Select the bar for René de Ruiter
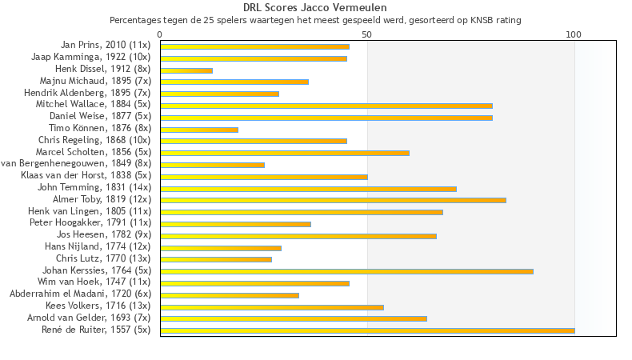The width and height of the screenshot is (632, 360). [x=367, y=330]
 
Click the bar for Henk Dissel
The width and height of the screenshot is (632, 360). [x=186, y=70]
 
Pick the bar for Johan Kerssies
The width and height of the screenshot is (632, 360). [x=346, y=271]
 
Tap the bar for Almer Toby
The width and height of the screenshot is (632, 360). [x=333, y=200]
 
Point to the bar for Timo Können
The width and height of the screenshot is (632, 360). [x=199, y=130]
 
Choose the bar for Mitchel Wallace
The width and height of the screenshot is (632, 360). [x=326, y=106]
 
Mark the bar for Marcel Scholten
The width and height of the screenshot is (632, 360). [x=285, y=153]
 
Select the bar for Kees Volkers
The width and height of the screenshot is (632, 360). [x=272, y=306]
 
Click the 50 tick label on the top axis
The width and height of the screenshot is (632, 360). [x=366, y=34]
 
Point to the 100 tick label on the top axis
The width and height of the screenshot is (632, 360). [x=574, y=34]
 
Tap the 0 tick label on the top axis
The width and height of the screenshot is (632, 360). [x=160, y=34]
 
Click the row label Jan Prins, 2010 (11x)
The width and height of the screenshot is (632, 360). [x=106, y=46]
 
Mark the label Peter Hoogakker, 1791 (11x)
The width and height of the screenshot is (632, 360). [x=90, y=223]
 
